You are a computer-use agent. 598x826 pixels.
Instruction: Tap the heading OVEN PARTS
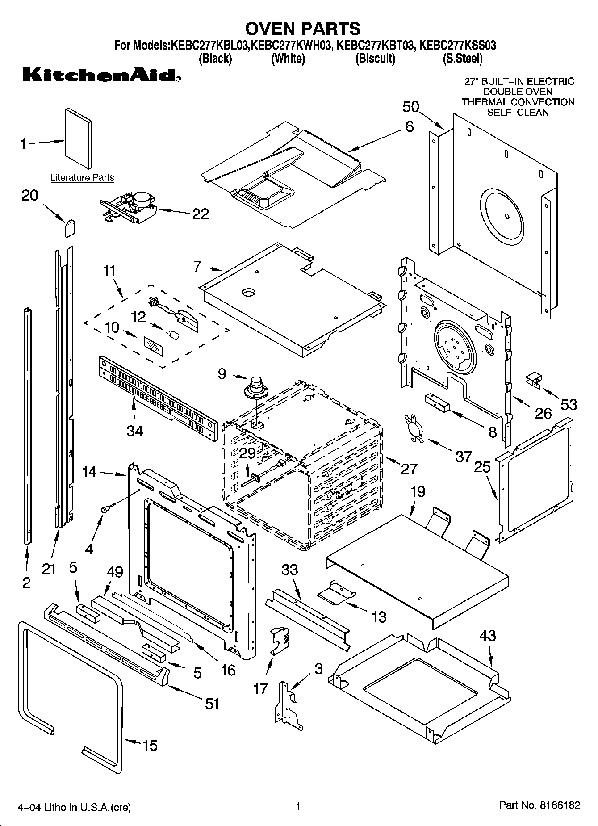point(303,28)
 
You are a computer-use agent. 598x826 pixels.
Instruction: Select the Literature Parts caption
point(82,177)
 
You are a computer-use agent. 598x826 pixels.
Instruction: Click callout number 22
point(200,214)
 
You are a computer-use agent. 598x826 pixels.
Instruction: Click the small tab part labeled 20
point(69,228)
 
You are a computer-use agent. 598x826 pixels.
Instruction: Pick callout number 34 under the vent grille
point(134,431)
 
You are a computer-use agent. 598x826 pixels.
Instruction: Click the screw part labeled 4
point(107,507)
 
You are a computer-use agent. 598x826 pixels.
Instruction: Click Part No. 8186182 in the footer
point(539,805)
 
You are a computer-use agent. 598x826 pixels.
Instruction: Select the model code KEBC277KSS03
point(457,45)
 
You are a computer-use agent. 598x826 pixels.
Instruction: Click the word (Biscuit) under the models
point(375,59)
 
